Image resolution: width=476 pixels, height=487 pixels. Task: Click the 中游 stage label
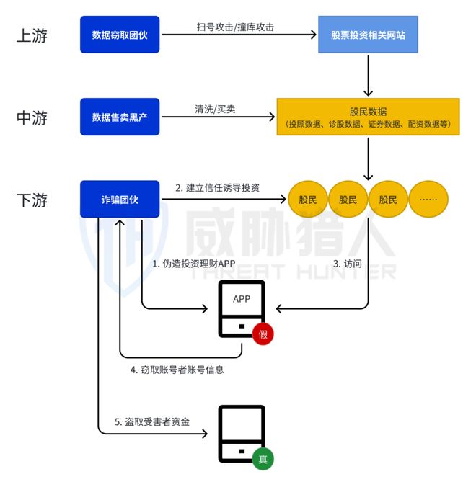pos(32,117)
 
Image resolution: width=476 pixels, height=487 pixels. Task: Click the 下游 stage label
pos(32,200)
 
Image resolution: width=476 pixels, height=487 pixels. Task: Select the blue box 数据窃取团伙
pos(120,35)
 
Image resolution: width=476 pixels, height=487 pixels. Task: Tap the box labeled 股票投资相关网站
pos(369,35)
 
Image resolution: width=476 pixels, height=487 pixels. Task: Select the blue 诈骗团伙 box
pos(120,200)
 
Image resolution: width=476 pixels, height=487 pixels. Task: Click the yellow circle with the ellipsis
pos(428,200)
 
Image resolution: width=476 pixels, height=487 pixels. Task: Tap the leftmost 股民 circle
pos(308,200)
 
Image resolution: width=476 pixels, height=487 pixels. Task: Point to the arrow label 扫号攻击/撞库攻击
pos(235,27)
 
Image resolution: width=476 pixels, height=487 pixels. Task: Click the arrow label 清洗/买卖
pos(215,110)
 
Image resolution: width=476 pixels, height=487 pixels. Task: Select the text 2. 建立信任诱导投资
pos(218,188)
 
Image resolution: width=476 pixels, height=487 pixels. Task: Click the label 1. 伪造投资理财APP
pos(194,264)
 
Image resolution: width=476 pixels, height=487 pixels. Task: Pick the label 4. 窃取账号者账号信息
pos(177,369)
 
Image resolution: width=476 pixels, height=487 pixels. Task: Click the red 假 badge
pos(263,334)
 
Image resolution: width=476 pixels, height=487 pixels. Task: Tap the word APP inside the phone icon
pos(242,299)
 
